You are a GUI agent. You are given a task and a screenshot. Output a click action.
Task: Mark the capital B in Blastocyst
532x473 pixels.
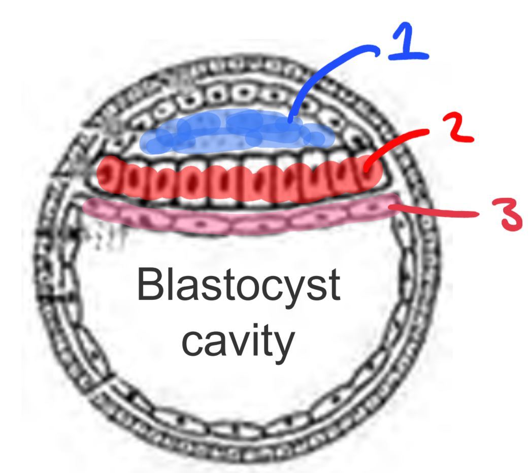pos(149,285)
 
